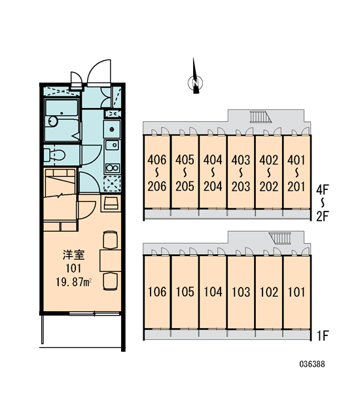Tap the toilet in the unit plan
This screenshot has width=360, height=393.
click(x=54, y=155)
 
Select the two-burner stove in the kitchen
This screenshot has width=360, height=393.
click(x=112, y=168)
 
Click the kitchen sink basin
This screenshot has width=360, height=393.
click(x=112, y=145)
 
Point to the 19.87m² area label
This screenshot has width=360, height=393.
click(x=73, y=282)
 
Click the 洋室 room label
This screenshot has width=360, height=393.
click(x=74, y=255)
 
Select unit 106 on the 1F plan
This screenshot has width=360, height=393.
click(x=157, y=292)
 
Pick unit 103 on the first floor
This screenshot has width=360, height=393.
click(x=241, y=292)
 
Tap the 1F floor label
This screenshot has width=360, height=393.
click(x=323, y=336)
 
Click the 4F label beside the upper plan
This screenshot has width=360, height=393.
click(x=322, y=189)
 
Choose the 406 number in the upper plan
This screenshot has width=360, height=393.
click(x=157, y=160)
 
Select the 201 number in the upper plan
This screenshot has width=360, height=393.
click(x=297, y=187)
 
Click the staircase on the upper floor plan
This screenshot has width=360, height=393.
click(x=261, y=117)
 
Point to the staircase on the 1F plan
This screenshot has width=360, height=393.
click(x=280, y=238)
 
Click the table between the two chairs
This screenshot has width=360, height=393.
click(x=110, y=260)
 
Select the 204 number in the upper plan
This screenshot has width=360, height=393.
click(x=213, y=187)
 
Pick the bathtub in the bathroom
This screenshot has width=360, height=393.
click(x=62, y=107)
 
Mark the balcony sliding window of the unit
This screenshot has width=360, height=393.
click(x=94, y=313)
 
